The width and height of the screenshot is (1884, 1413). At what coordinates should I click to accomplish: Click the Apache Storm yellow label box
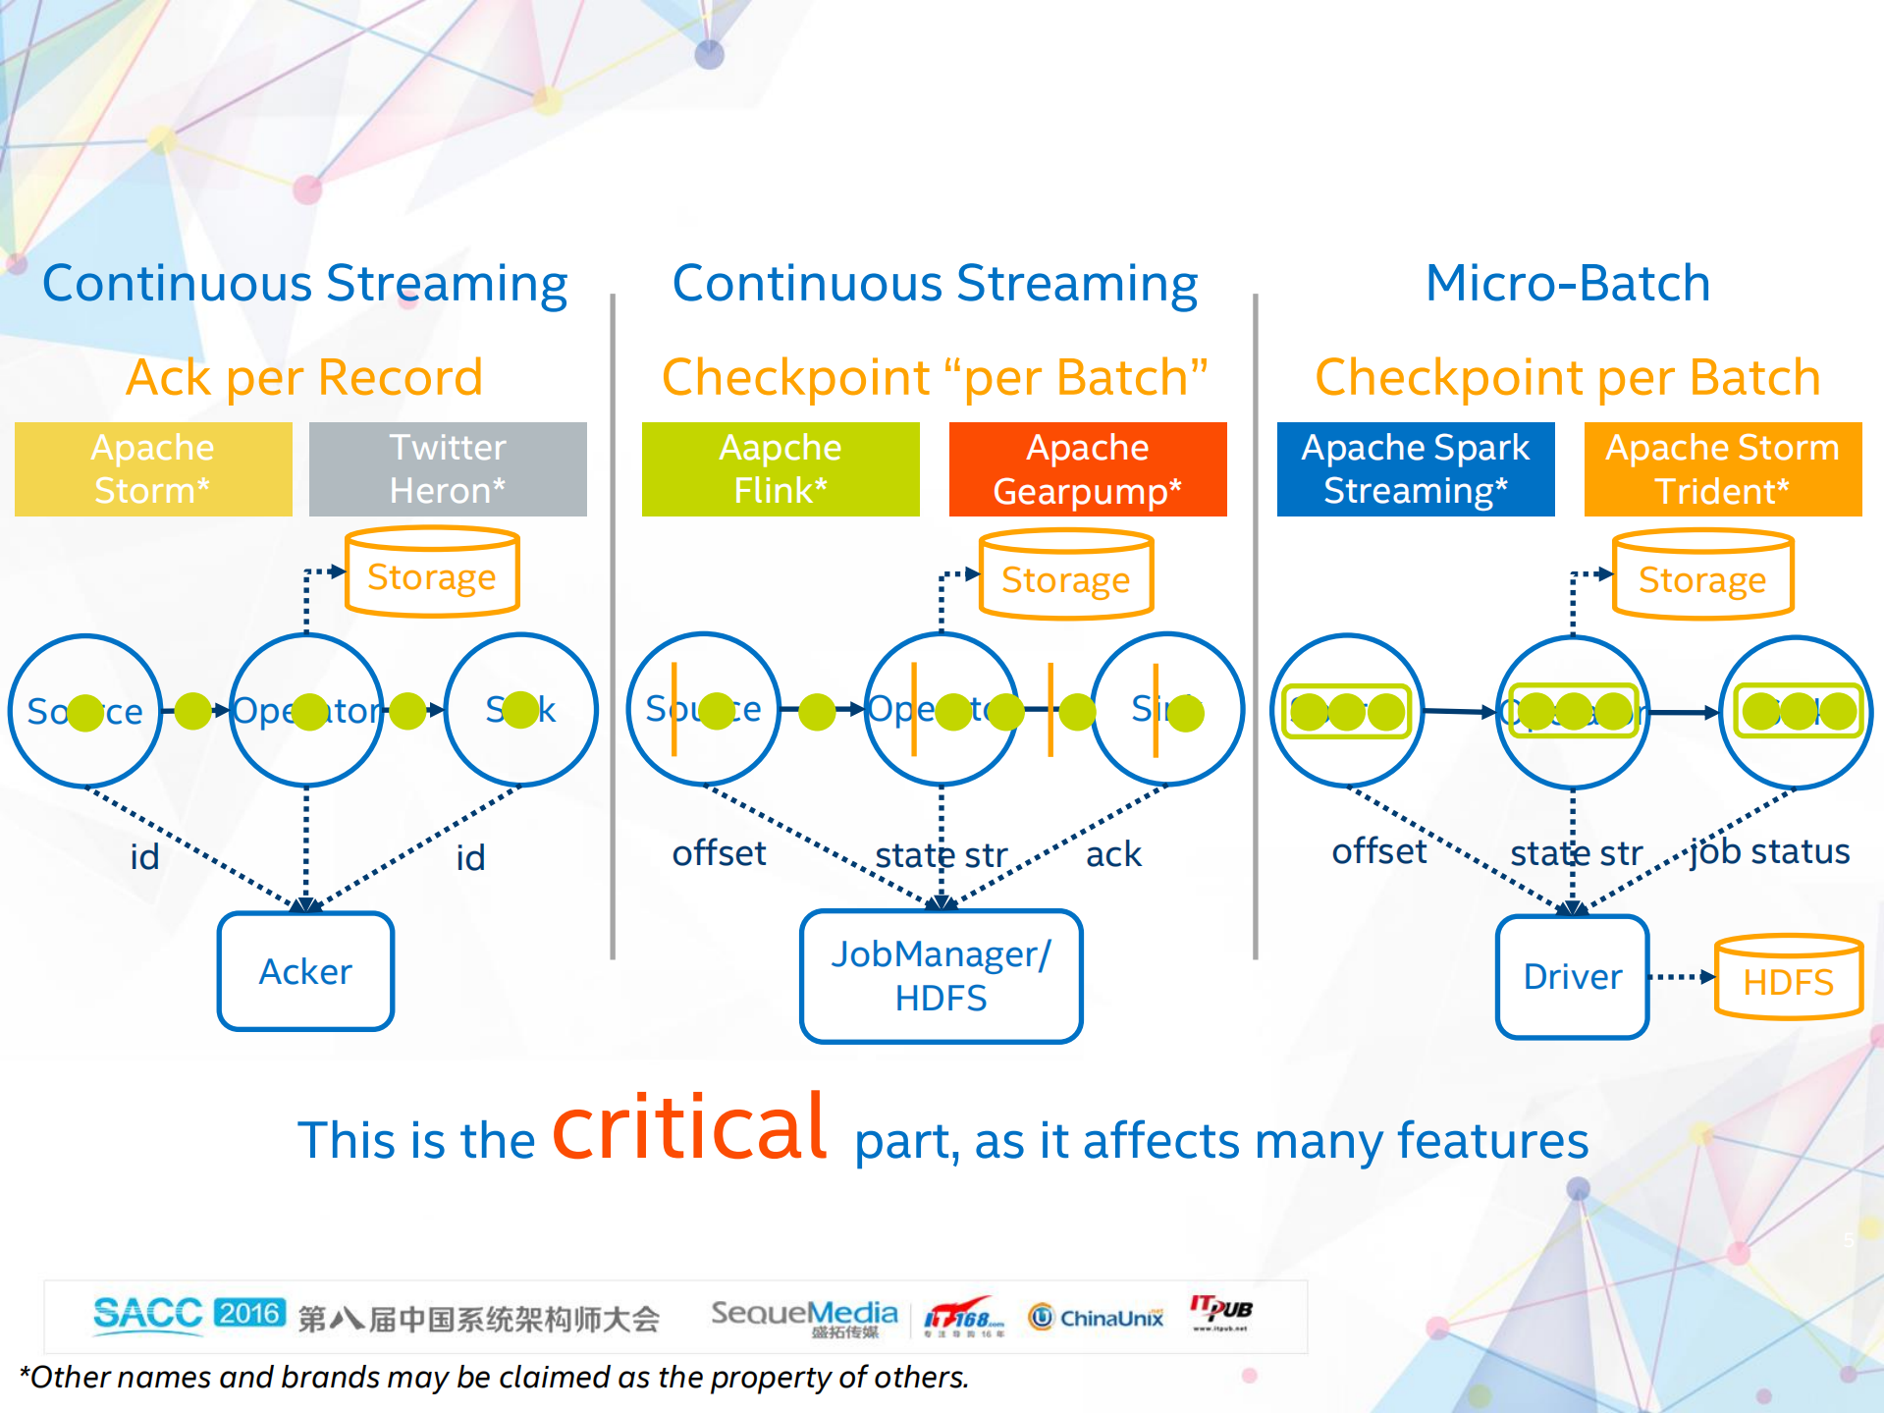[153, 469]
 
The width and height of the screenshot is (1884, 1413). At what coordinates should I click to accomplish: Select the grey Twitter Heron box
[448, 469]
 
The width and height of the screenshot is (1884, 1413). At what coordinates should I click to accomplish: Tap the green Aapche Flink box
[781, 469]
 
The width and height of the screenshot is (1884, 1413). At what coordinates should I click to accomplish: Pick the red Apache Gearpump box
[1088, 469]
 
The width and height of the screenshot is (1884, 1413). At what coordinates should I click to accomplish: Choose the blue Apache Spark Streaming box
[1416, 469]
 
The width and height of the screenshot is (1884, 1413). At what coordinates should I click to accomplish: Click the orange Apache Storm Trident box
[1723, 469]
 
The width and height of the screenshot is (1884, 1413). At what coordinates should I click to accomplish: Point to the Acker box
[305, 971]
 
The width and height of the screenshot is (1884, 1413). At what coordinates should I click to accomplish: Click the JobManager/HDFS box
[941, 976]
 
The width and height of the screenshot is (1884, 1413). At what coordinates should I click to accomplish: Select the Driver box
[1572, 977]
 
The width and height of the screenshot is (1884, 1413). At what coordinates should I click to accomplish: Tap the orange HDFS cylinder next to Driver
[1788, 979]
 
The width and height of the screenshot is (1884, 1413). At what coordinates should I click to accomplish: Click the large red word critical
[689, 1129]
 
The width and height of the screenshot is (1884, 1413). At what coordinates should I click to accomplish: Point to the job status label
[1769, 851]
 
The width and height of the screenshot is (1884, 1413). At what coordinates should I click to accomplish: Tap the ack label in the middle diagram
[1113, 854]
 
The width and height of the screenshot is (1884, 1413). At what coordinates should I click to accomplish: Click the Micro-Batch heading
[1568, 284]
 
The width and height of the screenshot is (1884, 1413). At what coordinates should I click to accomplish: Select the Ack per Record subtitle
[304, 378]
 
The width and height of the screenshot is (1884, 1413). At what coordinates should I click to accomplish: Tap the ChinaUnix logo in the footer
[1096, 1317]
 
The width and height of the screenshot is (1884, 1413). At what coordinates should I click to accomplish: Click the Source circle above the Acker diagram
[85, 710]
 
